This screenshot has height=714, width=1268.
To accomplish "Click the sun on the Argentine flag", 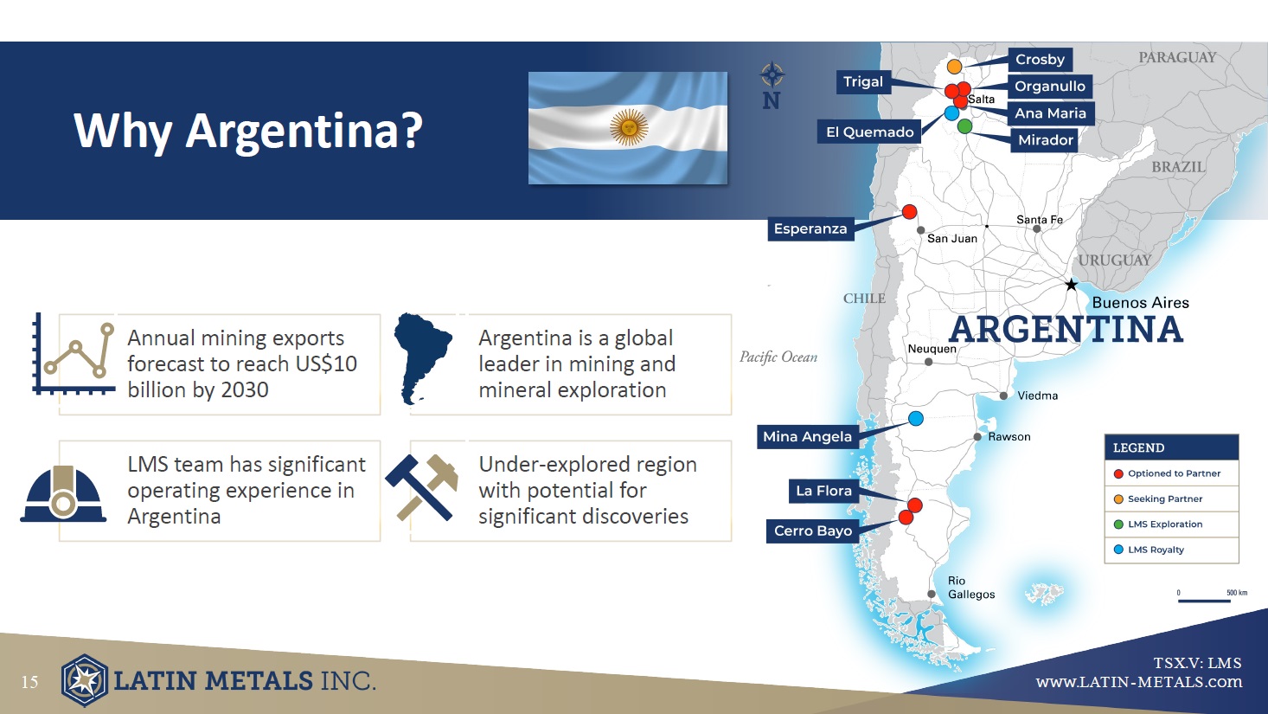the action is [x=629, y=127].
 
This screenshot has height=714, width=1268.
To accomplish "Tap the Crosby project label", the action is [x=1040, y=60].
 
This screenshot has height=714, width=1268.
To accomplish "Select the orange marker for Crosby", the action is [x=954, y=67].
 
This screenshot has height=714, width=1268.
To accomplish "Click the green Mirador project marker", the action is [x=964, y=126].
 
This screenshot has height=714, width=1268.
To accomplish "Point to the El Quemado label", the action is [x=869, y=132].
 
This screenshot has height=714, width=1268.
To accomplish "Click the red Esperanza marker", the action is [x=910, y=212].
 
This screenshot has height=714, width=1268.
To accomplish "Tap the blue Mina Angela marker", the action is [x=916, y=418].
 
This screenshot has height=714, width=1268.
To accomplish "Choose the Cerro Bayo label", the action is [x=813, y=531].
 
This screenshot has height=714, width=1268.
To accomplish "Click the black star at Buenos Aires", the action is [x=1071, y=284].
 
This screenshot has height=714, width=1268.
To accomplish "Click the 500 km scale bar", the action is [x=1204, y=600].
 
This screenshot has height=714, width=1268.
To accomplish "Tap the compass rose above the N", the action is [x=772, y=74].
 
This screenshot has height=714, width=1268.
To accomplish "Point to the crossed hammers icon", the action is [x=422, y=486].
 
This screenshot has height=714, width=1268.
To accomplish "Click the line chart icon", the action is [x=74, y=354].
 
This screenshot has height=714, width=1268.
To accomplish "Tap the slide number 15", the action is [x=30, y=682].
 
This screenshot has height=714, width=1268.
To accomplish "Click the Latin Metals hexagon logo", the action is [x=85, y=680].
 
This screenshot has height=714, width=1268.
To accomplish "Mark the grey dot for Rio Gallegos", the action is [x=932, y=594].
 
